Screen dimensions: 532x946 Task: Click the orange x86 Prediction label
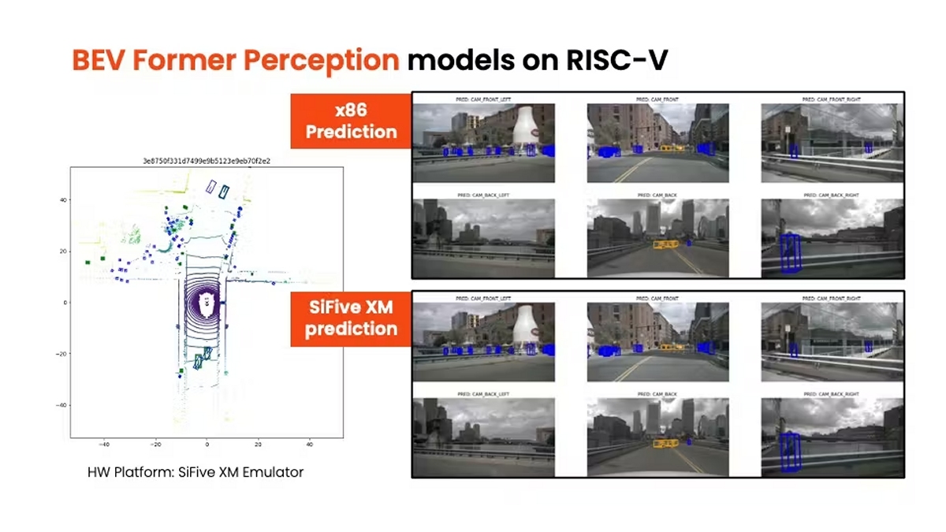point(352,121)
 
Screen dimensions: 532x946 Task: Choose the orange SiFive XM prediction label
point(352,318)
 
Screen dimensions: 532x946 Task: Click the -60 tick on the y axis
point(60,404)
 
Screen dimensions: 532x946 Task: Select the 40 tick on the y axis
point(62,200)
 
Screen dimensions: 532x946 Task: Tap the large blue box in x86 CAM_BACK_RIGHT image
point(788,254)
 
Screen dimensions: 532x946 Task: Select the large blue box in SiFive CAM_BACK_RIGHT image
point(788,452)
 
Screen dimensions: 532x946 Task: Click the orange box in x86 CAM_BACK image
point(666,244)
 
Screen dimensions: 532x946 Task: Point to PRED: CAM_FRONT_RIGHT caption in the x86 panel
point(832,100)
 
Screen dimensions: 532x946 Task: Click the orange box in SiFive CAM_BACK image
point(666,443)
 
